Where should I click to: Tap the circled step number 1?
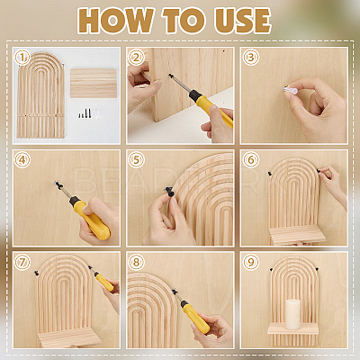tap(22, 57)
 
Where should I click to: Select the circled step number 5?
tap(137, 159)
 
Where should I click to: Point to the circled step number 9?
tap(251, 262)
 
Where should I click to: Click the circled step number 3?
tap(251, 57)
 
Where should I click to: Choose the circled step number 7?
tap(22, 262)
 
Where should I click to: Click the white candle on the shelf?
tap(293, 314)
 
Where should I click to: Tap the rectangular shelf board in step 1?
tap(94, 83)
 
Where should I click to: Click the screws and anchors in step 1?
tap(89, 113)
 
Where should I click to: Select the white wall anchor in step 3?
tap(291, 89)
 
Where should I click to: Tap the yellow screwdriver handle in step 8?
tap(196, 318)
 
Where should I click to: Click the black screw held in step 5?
tap(170, 191)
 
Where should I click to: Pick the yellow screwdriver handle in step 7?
tap(104, 282)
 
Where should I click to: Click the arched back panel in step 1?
tap(40, 95)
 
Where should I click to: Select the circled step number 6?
tap(251, 159)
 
